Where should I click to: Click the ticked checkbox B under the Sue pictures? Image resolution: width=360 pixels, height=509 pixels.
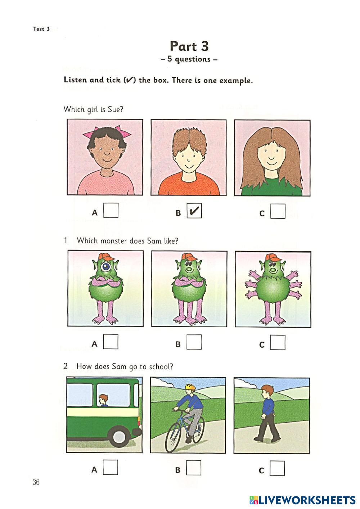tap(194, 211)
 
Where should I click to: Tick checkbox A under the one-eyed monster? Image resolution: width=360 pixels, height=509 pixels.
tap(111, 342)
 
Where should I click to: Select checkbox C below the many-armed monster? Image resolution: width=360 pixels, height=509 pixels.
tap(278, 342)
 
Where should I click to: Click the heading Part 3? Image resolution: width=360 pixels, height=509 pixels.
tap(189, 46)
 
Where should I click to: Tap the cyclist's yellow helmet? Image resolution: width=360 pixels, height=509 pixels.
tap(190, 387)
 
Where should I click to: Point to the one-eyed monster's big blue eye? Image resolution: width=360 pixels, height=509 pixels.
tap(106, 266)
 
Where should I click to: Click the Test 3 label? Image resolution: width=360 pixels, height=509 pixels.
tap(41, 29)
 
